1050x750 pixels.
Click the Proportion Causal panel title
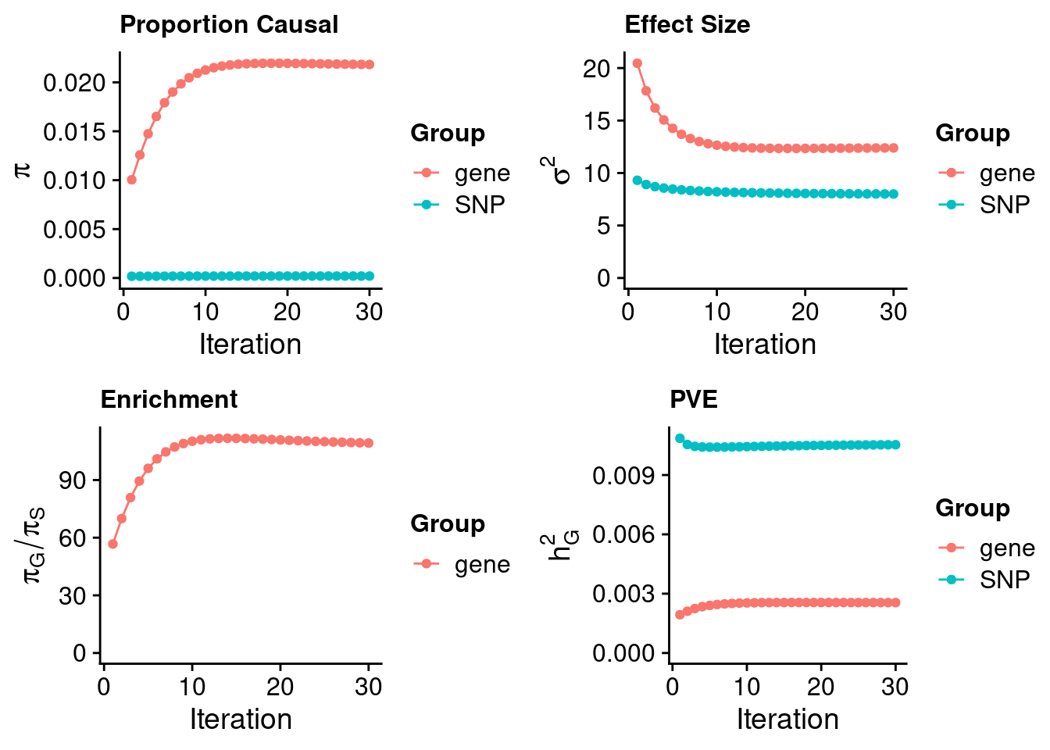coord(229,25)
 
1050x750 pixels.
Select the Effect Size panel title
coord(687,25)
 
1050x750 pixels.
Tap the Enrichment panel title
coord(169,400)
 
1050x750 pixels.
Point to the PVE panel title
coord(693,400)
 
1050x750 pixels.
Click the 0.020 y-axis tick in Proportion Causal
coord(74,83)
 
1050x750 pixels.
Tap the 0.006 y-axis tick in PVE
coord(625,535)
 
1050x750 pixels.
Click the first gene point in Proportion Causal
coord(131,180)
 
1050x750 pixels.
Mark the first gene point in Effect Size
coord(637,63)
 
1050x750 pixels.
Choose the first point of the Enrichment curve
coord(112,544)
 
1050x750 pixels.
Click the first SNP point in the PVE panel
coord(680,438)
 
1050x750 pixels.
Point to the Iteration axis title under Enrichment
coord(241,720)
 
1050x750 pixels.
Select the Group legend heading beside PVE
coord(973,509)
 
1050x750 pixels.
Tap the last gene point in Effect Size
coord(893,148)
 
